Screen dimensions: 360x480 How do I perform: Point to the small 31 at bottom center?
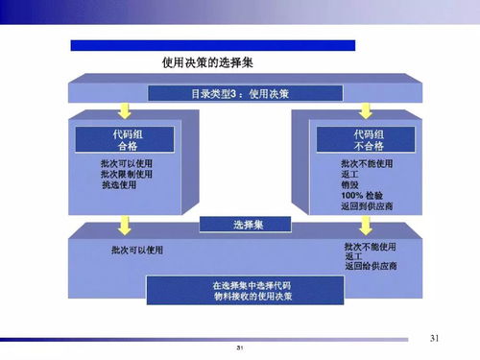239,347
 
